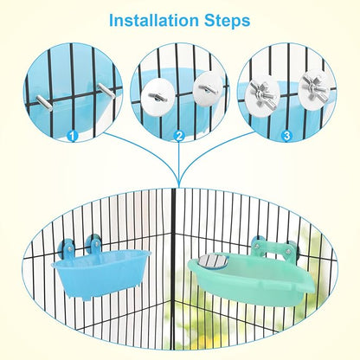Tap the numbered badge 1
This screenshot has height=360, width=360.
(72, 135)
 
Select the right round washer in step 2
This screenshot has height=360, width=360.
(204, 87)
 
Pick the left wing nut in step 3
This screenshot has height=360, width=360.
(261, 93)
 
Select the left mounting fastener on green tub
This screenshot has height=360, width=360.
(259, 245)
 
